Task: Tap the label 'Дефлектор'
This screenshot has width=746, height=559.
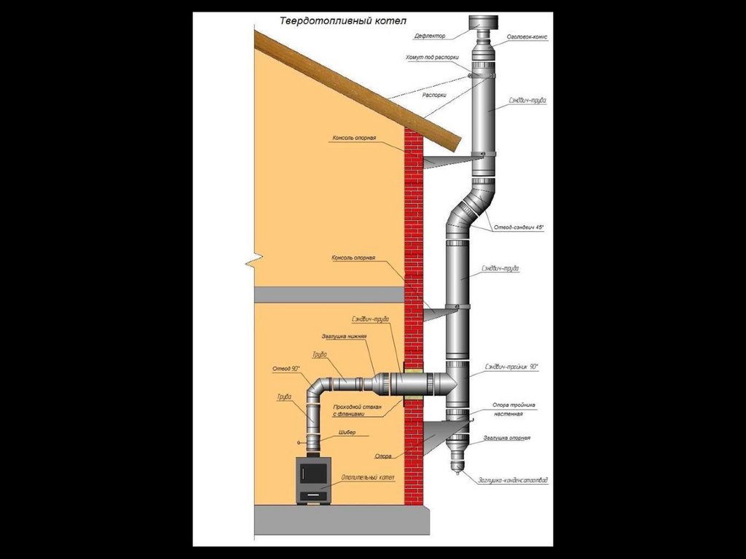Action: click(431, 34)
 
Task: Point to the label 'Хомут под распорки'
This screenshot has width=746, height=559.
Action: click(432, 57)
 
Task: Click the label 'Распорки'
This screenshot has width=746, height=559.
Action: click(434, 95)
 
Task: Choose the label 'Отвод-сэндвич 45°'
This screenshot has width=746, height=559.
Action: click(519, 228)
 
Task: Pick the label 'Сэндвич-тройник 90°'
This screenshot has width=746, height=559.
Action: click(511, 367)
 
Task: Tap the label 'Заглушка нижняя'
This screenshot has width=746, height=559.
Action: click(343, 337)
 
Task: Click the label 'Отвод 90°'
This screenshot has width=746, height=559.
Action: click(286, 369)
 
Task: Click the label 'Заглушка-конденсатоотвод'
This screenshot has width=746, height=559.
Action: click(513, 480)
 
